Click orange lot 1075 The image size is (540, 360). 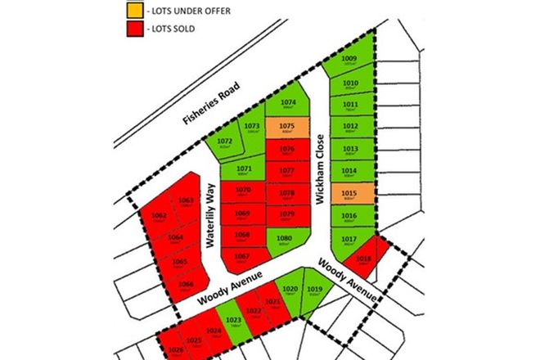tap(287, 128)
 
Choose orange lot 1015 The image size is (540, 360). tap(350, 195)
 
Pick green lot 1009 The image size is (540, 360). tap(350, 61)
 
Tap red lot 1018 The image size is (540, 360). tap(364, 261)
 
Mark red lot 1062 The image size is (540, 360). tap(160, 218)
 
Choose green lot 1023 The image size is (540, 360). tap(234, 320)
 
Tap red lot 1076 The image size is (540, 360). tap(287, 152)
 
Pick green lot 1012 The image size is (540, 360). tap(350, 128)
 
